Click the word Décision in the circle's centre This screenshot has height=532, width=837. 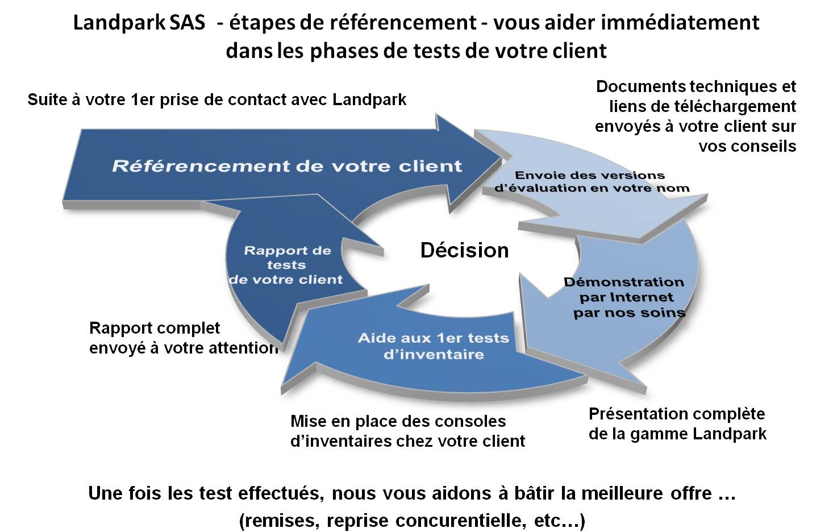click(x=464, y=250)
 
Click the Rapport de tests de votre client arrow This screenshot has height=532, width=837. click(x=288, y=269)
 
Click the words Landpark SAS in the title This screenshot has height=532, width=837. click(x=139, y=23)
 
